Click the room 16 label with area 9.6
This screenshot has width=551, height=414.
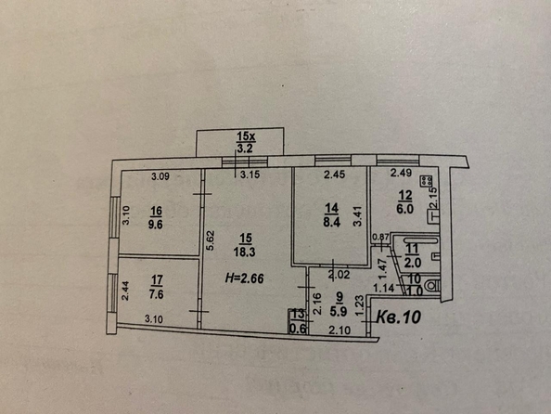point(153,217)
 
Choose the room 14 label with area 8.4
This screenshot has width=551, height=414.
point(331,216)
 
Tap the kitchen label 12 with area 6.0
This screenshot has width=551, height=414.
point(405,201)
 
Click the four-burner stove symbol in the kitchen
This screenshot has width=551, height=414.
point(428,182)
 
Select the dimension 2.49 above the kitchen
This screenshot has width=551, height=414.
point(400,173)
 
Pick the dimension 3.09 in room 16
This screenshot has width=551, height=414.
point(162,175)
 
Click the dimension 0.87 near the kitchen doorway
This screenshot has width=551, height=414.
point(379,239)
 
